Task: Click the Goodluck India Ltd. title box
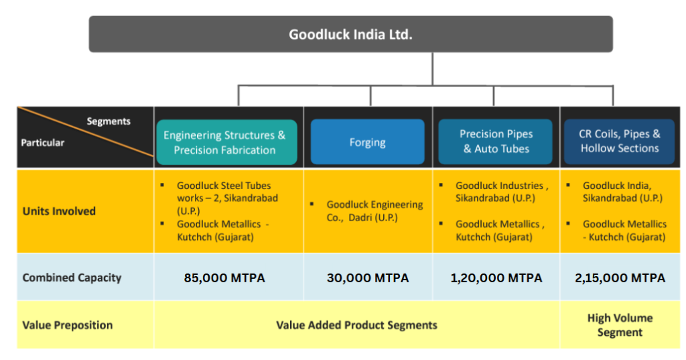[x=350, y=34]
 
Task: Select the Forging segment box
[x=367, y=142]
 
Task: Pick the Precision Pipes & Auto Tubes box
[x=496, y=142]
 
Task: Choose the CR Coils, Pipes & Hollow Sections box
[x=620, y=141]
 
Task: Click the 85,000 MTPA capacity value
[x=224, y=278]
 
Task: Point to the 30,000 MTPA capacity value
[x=367, y=278]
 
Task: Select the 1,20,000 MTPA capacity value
[x=496, y=278]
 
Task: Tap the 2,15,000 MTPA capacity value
[x=620, y=278]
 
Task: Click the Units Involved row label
[x=59, y=211]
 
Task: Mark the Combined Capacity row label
[x=72, y=278]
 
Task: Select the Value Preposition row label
[x=67, y=325]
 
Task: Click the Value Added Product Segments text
[x=356, y=325]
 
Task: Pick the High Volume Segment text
[x=620, y=325]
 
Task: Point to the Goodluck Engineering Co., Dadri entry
[x=374, y=211]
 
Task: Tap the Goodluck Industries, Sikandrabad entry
[x=501, y=192]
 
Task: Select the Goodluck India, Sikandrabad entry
[x=622, y=192]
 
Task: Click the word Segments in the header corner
[x=109, y=121]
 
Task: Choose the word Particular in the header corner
[x=43, y=143]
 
